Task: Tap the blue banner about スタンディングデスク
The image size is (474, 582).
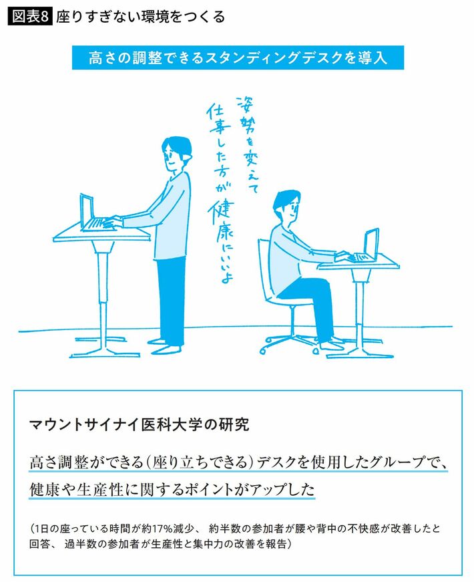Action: [x=238, y=57]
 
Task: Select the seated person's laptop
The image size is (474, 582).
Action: [x=367, y=246]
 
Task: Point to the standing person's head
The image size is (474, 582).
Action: [x=176, y=154]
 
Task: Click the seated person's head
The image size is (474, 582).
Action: [x=286, y=207]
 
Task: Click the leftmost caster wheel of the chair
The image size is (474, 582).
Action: [x=263, y=350]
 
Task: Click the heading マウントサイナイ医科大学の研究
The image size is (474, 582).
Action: [x=139, y=424]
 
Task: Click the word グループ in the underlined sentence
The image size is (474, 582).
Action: [x=390, y=462]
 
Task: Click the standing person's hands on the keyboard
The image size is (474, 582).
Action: [x=112, y=222]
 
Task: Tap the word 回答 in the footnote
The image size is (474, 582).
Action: [x=39, y=544]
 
